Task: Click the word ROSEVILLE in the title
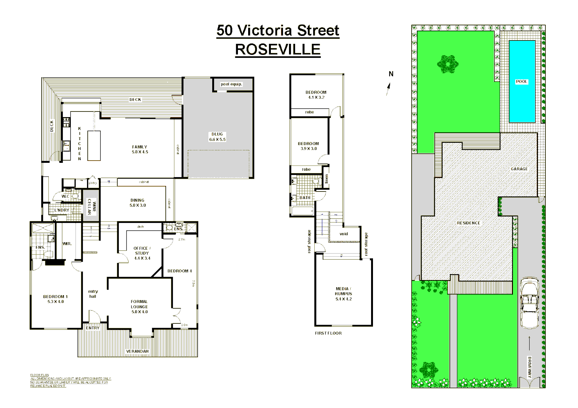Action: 278,49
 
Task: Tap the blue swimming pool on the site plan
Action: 522,81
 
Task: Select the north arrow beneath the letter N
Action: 388,89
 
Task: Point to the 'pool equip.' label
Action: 231,84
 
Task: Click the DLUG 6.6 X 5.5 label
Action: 217,137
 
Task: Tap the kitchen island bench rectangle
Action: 94,146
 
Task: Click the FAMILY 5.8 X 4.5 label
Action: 140,149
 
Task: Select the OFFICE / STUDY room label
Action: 142,253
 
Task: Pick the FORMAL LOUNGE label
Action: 139,307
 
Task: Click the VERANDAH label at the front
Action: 137,351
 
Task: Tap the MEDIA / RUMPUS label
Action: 343,294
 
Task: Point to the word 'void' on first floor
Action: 343,234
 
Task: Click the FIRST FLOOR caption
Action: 328,333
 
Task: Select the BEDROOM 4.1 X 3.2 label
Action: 316,94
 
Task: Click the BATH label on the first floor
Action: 305,198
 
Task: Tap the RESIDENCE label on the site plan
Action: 468,223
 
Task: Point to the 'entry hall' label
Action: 93,294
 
